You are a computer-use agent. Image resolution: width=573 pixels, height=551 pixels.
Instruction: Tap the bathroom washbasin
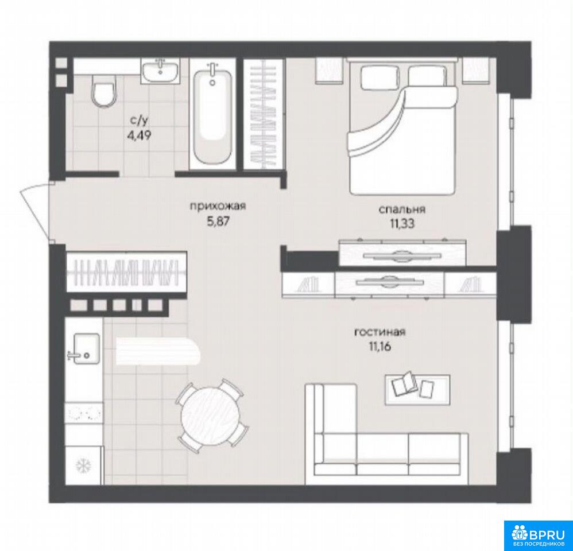click(x=160, y=71)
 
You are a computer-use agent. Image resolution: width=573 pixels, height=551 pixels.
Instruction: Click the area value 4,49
click(x=138, y=136)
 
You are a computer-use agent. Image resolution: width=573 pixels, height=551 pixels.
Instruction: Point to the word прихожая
click(x=218, y=207)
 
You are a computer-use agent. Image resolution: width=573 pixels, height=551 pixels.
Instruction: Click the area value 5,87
click(x=218, y=222)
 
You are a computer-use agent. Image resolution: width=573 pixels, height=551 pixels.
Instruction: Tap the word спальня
click(x=402, y=209)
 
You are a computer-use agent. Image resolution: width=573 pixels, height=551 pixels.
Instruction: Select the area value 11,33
click(x=402, y=224)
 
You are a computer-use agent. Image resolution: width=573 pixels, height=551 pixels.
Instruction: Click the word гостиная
click(x=380, y=332)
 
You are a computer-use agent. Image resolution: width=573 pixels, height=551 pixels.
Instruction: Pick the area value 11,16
click(x=380, y=347)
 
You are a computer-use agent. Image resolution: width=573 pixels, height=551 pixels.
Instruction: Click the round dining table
click(x=211, y=416)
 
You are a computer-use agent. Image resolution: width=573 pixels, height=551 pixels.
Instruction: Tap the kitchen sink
click(x=84, y=348)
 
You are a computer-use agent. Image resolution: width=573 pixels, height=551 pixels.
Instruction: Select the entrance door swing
click(x=34, y=212)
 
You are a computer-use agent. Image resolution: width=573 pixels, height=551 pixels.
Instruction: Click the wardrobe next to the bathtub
click(x=264, y=114)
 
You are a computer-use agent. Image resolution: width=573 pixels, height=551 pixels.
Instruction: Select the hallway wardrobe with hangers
click(x=127, y=272)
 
